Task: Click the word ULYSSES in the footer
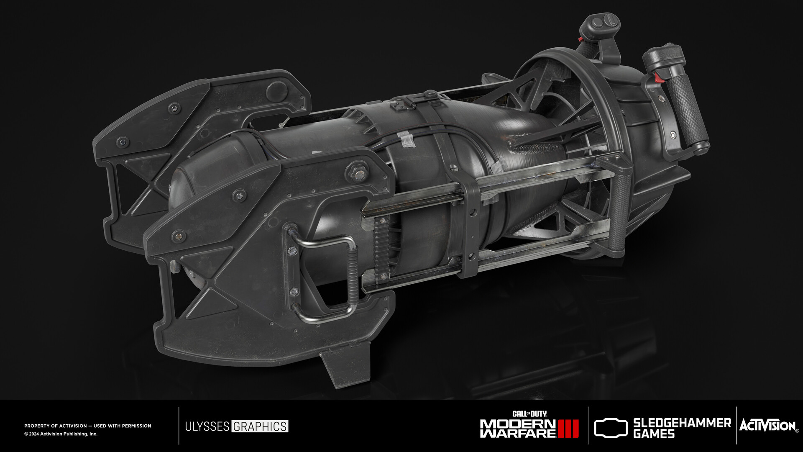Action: (x=207, y=426)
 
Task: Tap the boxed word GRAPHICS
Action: (x=260, y=426)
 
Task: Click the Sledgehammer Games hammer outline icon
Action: (x=611, y=428)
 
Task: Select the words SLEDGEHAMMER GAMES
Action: (x=682, y=428)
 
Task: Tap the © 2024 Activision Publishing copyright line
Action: (x=61, y=434)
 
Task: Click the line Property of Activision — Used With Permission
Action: (x=87, y=426)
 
